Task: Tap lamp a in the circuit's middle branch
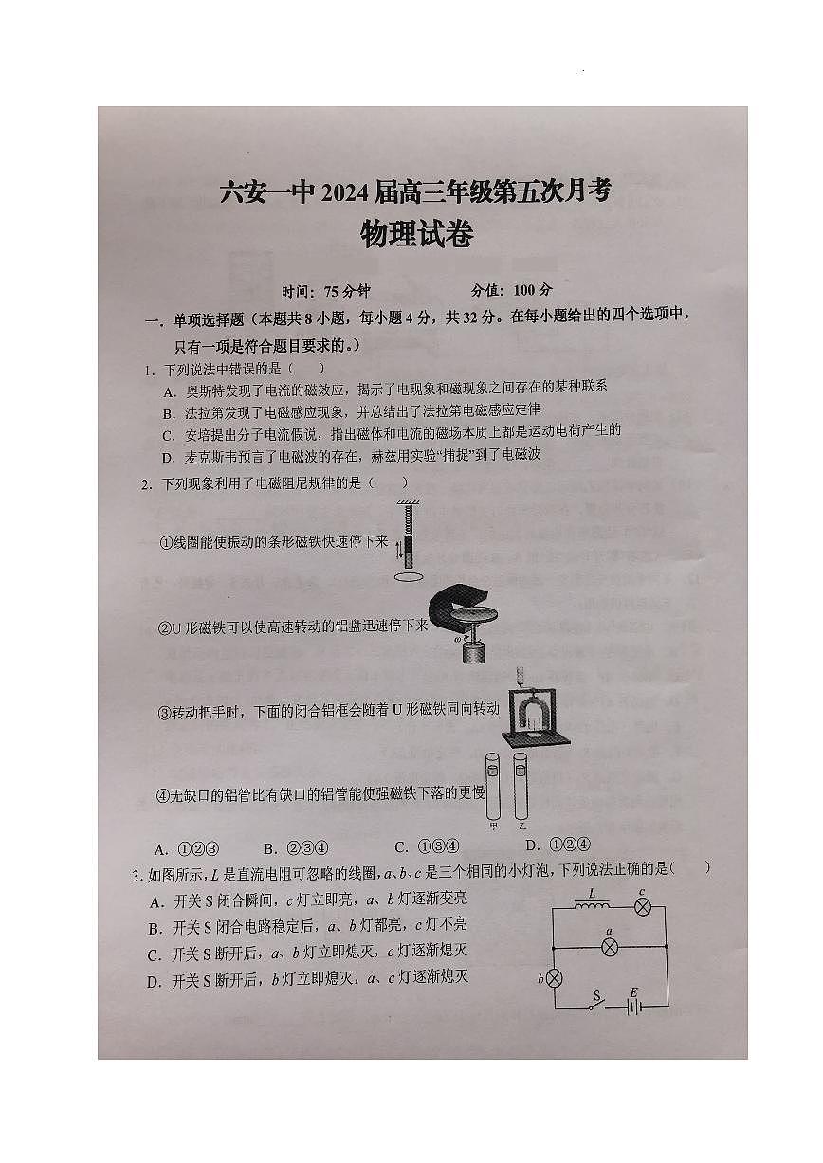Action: (612, 946)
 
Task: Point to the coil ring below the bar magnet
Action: (409, 575)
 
